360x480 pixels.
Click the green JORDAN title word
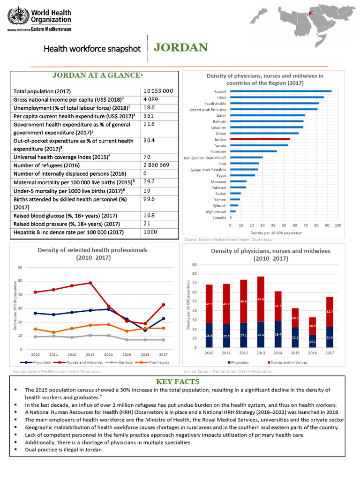click(180, 48)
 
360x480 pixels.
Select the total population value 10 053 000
click(158, 91)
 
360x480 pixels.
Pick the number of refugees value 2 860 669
click(157, 165)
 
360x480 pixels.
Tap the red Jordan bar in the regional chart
click(260, 140)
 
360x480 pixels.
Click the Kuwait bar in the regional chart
click(280, 91)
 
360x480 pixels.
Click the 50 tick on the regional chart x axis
click(285, 225)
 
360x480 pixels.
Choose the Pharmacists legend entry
click(153, 362)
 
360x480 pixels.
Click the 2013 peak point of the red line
click(90, 283)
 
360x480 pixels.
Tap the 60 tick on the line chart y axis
click(20, 267)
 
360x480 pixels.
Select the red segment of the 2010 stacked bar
click(209, 304)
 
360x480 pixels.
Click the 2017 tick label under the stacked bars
click(330, 352)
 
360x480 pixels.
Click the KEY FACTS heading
click(180, 382)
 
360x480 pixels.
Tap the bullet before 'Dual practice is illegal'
click(16, 449)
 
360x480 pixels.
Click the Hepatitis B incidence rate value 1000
click(150, 232)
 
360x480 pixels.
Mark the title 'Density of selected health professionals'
click(92, 250)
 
